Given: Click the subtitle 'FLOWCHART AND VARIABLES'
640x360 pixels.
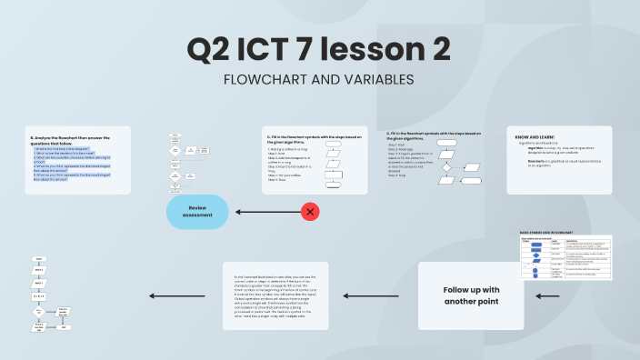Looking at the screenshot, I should (318, 80).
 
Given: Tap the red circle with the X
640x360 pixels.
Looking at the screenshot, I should (310, 212).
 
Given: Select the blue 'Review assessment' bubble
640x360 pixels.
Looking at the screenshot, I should (197, 212).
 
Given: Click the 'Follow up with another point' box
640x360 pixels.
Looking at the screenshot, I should (471, 295).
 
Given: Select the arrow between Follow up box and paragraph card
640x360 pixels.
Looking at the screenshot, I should (393, 295).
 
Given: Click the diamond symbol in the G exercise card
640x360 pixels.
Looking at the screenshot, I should (445, 166).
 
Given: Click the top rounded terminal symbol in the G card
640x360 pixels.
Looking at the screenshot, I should (445, 143).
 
